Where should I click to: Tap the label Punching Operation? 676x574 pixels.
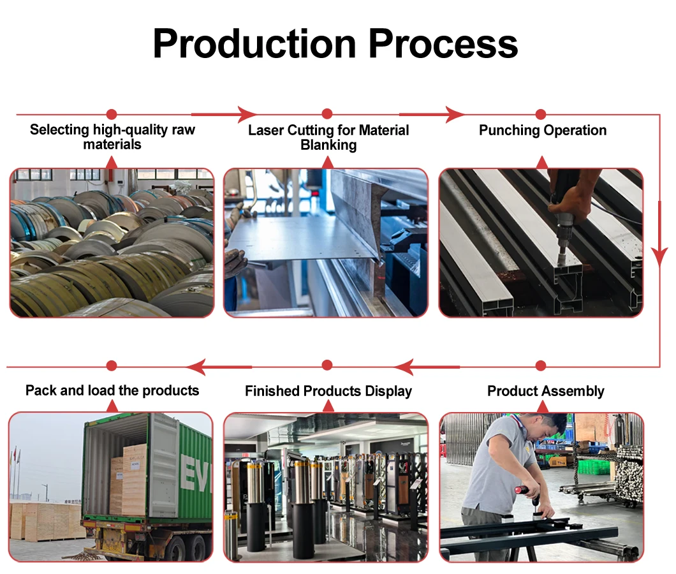click(x=543, y=131)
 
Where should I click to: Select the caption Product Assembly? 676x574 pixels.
click(x=546, y=391)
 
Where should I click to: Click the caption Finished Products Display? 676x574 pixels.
click(x=328, y=391)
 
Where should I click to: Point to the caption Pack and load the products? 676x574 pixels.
click(x=112, y=390)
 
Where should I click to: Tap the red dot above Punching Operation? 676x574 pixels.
click(x=541, y=115)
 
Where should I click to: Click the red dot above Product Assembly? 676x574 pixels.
click(x=541, y=366)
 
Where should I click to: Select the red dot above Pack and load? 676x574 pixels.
click(x=112, y=366)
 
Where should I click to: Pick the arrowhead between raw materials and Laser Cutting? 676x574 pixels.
click(x=246, y=115)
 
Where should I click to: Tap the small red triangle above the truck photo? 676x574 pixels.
click(x=112, y=406)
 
